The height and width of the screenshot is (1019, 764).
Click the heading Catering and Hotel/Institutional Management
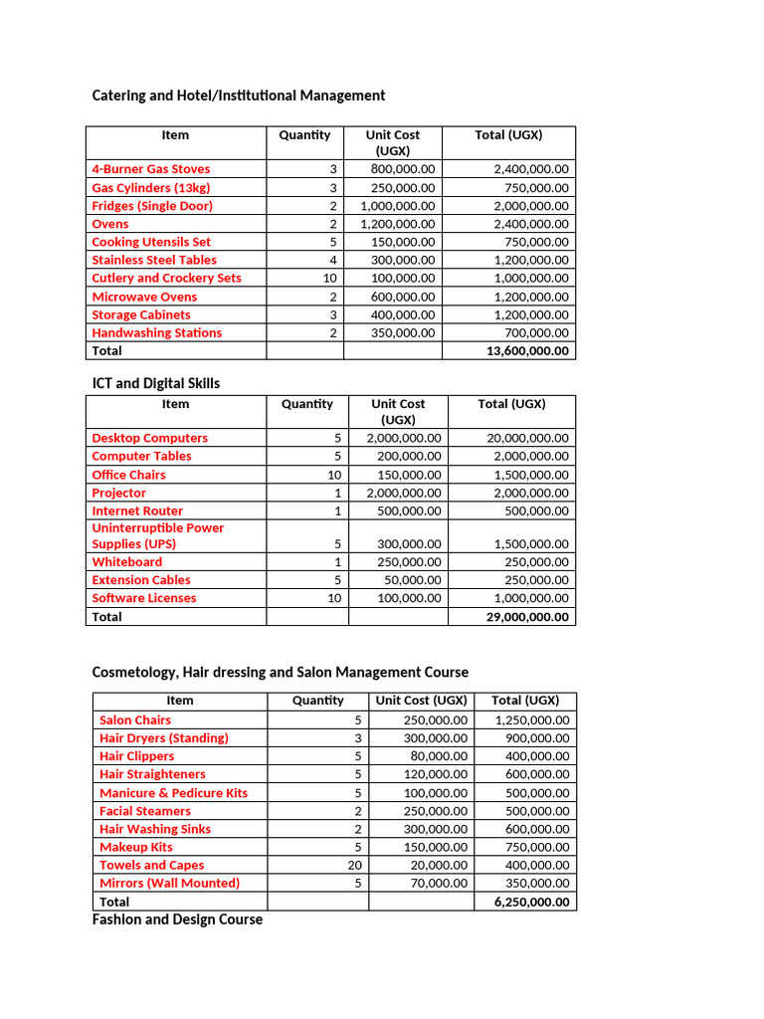[238, 96]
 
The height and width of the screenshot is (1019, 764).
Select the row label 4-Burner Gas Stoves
[150, 169]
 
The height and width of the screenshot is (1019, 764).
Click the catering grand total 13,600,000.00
[523, 351]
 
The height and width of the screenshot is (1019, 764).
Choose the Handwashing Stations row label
[156, 333]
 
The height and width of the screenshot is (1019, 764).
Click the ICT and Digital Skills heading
[156, 383]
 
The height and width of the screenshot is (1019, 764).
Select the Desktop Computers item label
[149, 438]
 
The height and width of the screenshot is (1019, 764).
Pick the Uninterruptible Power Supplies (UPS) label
[157, 536]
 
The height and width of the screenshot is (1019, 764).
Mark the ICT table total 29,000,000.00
[523, 617]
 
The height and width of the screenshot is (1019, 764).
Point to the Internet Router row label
[137, 511]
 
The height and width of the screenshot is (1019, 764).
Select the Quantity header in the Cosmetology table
[317, 701]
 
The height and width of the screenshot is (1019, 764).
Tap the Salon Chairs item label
[135, 720]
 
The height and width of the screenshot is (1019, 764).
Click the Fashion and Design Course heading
[177, 919]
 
